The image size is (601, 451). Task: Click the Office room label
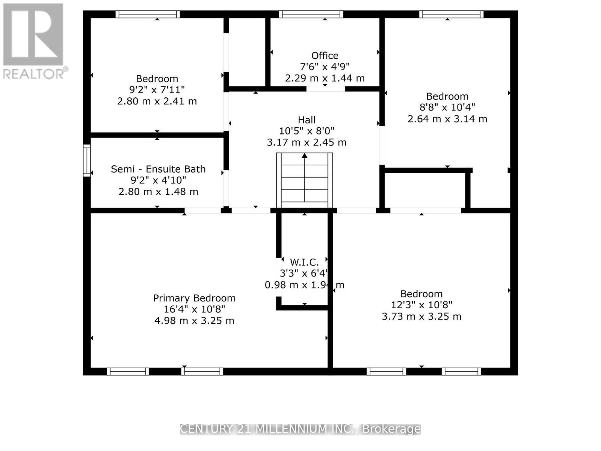tap(325, 56)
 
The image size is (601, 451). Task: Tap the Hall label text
tap(307, 120)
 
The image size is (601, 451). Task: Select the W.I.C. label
tap(304, 262)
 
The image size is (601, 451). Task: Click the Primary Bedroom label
tap(194, 298)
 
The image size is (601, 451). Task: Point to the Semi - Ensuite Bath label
tap(158, 169)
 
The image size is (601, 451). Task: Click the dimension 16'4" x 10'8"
tap(194, 309)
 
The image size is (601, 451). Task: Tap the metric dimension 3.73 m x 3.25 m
tap(421, 316)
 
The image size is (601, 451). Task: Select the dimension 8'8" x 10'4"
tap(447, 107)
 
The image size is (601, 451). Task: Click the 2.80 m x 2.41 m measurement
tap(157, 101)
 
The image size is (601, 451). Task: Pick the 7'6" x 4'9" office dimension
tap(325, 67)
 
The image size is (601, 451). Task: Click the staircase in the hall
tap(305, 180)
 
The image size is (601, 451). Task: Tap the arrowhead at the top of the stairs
tap(305, 156)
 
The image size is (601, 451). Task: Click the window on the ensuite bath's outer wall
tap(87, 160)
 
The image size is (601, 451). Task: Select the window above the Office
tap(311, 14)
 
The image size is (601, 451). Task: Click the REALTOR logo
tap(34, 41)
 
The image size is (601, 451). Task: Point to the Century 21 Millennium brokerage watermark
tap(300, 429)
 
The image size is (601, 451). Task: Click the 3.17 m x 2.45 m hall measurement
tap(307, 142)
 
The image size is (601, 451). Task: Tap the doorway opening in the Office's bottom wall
tap(326, 89)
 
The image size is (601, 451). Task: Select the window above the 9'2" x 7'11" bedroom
tap(148, 14)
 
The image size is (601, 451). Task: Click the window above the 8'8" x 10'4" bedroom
tap(451, 14)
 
